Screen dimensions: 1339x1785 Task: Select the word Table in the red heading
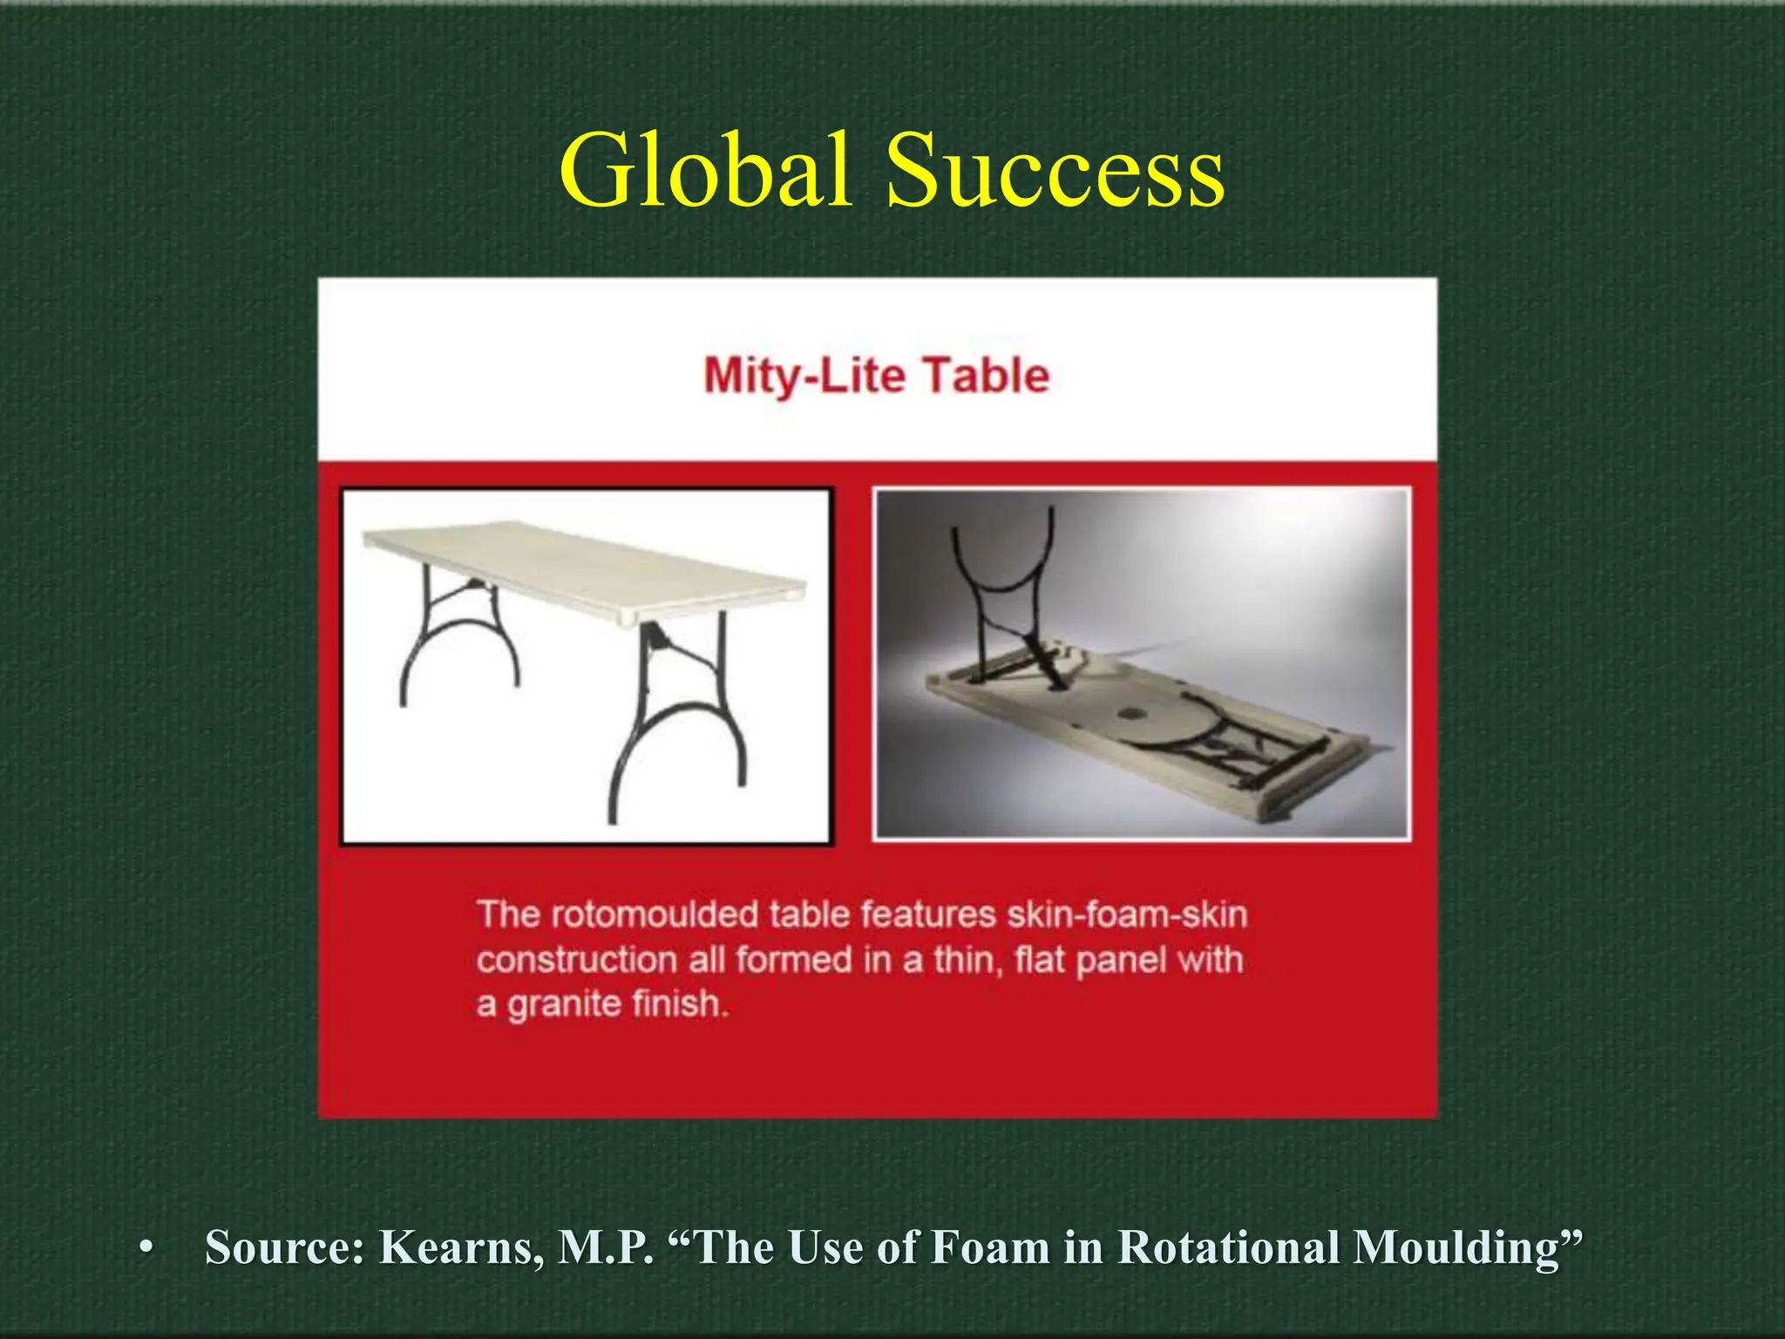click(x=987, y=376)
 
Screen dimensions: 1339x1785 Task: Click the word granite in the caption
click(x=563, y=1004)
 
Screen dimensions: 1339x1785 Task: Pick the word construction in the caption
click(x=577, y=960)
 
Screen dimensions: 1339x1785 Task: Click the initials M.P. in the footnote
click(x=605, y=1247)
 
